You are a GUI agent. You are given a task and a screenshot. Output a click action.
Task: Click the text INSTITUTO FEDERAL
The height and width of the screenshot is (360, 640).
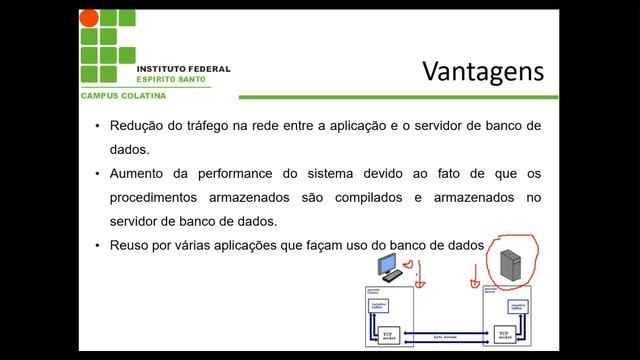183,69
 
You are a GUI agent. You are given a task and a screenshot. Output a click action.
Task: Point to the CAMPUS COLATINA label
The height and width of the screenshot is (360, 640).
123,95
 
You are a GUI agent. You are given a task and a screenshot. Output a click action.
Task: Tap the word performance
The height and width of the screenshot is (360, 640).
226,173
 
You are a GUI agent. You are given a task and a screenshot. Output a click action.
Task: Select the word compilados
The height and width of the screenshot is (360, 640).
364,198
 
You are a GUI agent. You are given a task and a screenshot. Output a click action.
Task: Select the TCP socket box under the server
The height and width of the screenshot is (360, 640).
503,334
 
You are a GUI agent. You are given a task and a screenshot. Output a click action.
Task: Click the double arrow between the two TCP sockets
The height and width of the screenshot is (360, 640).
444,334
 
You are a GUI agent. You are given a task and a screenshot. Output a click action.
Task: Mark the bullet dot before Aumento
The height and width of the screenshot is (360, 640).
97,173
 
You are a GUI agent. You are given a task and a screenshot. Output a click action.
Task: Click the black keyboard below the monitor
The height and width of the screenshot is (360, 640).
393,275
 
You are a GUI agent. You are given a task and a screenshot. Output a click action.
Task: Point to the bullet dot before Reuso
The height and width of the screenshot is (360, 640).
97,245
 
